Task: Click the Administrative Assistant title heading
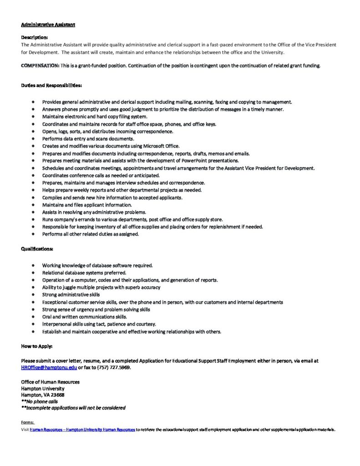click(48, 25)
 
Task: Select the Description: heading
click(34, 38)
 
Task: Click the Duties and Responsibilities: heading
click(51, 85)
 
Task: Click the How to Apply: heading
click(37, 346)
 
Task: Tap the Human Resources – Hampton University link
click(82, 430)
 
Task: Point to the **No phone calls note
click(40, 401)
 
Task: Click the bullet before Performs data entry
click(34, 139)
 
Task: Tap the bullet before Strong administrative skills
click(34, 295)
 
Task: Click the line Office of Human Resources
click(50, 382)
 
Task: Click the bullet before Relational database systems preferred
click(34, 273)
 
